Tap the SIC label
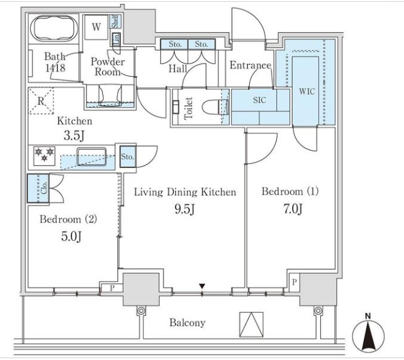point(260,99)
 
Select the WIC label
point(307,91)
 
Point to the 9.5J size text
point(185,209)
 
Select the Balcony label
point(188,323)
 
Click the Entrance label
point(250,65)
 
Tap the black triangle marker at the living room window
point(202,286)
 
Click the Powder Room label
point(107,67)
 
